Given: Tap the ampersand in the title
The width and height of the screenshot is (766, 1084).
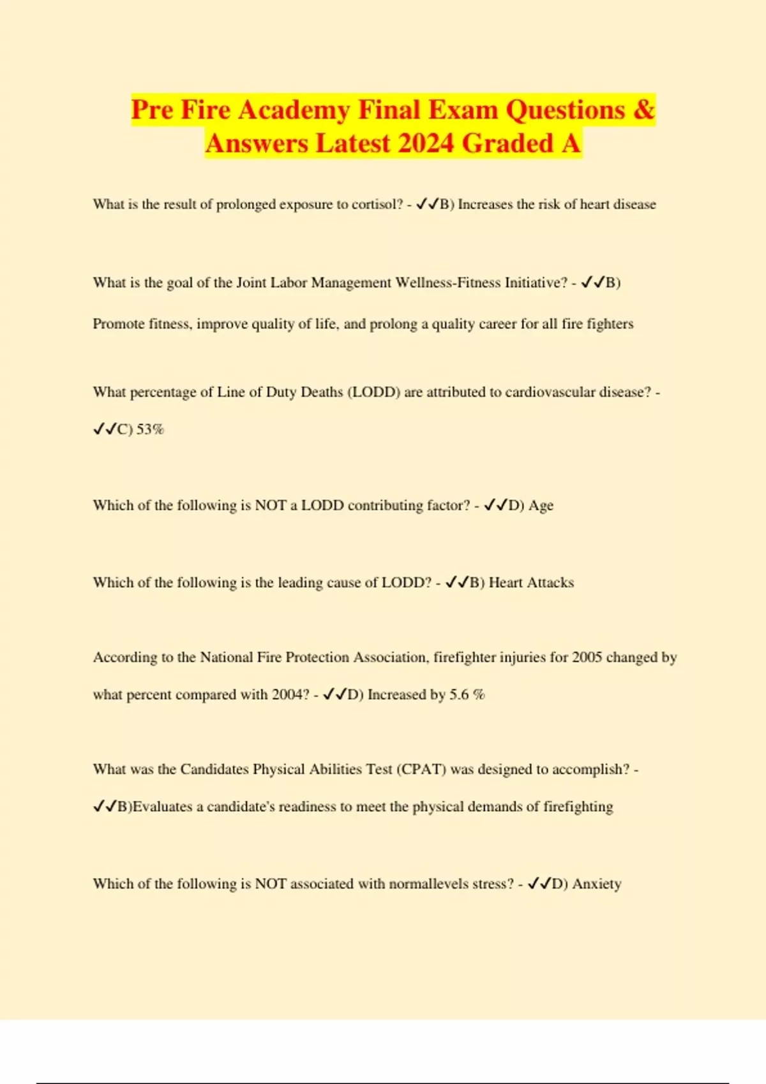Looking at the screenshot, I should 644,110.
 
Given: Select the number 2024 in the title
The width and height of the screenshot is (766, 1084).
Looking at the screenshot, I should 426,143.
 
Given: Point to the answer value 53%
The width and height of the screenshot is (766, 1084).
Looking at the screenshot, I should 150,429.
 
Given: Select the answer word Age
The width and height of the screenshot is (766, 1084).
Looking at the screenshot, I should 541,506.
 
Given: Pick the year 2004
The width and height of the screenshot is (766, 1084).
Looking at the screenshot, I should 290,695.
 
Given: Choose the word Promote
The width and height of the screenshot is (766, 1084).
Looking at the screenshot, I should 119,324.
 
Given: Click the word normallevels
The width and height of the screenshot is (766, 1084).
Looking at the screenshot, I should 428,884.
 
